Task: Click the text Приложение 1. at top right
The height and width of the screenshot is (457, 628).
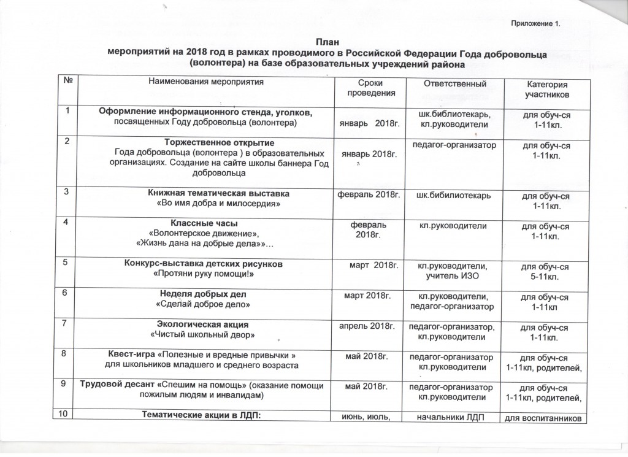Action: pyautogui.click(x=535, y=24)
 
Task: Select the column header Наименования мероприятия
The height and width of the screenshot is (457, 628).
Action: pyautogui.click(x=205, y=82)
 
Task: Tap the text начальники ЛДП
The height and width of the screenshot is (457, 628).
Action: pyautogui.click(x=451, y=418)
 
